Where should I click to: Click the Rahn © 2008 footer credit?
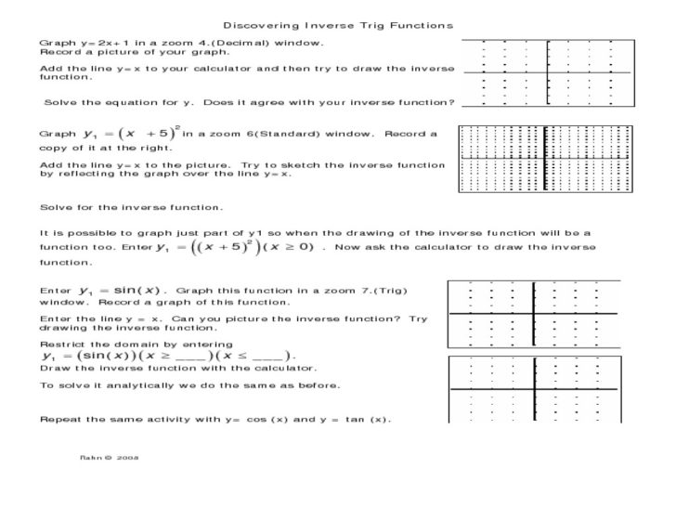pos(110,457)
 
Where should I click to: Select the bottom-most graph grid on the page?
pos(535,390)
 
